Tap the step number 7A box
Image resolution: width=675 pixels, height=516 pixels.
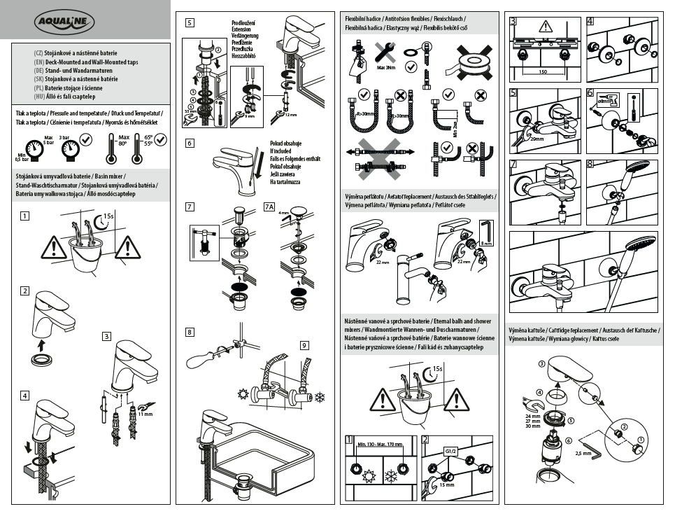point(270,207)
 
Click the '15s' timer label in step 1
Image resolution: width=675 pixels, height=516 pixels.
point(108,216)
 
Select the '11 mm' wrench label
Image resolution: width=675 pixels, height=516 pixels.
point(145,415)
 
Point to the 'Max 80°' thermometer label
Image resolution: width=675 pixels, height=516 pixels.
point(125,139)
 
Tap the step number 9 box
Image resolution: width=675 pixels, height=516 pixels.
point(305,344)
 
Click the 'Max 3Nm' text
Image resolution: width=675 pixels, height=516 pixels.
point(386,69)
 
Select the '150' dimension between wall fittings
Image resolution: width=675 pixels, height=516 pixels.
point(543,71)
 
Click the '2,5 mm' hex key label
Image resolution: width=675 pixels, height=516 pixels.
point(583,454)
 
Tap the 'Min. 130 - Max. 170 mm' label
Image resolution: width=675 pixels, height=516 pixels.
point(381,444)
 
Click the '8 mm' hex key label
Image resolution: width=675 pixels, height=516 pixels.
point(488,243)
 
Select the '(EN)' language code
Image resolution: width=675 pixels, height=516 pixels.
point(39,62)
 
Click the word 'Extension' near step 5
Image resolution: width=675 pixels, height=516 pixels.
point(244,29)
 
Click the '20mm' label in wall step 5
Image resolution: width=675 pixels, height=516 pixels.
point(537,139)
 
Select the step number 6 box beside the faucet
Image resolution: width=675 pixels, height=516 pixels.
point(190,144)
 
